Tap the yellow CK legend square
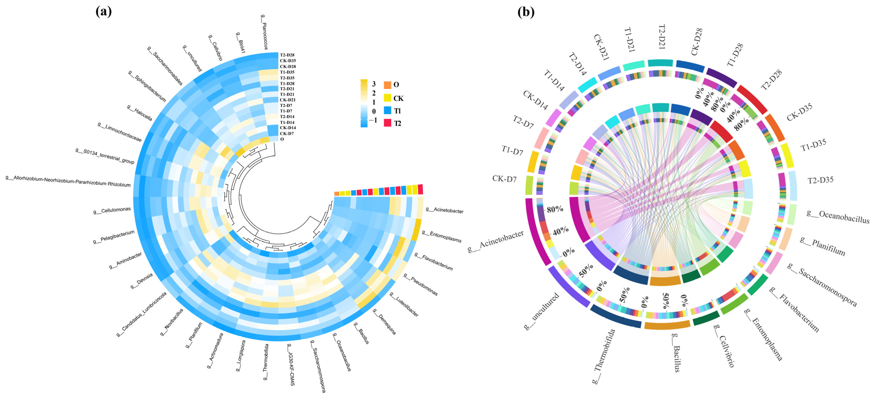[x=387, y=98]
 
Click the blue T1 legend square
[x=387, y=110]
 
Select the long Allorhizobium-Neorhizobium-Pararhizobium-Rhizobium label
[x=68, y=181]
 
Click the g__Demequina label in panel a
[x=385, y=321]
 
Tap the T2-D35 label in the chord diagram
[x=820, y=180]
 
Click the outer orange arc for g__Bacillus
[x=667, y=325]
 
